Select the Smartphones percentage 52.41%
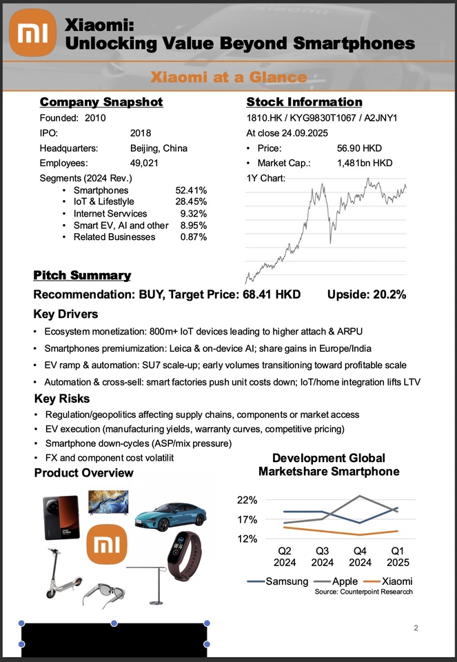click(192, 190)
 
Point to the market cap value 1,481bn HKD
click(365, 163)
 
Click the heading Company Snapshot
click(101, 103)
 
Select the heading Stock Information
click(304, 103)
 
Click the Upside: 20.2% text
click(366, 294)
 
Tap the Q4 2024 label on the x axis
click(360, 556)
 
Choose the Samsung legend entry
click(277, 581)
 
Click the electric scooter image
click(59, 572)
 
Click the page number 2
click(416, 628)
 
